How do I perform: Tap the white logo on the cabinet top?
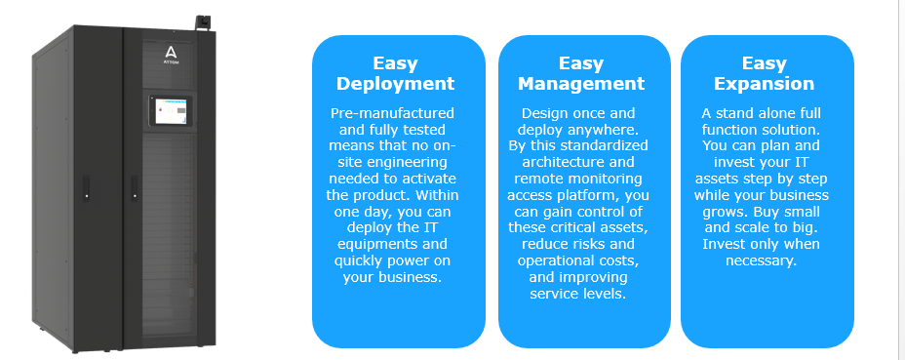tap(171, 52)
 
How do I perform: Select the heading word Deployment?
tap(396, 84)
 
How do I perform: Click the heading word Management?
tap(581, 84)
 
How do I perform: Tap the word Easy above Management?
tap(581, 63)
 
